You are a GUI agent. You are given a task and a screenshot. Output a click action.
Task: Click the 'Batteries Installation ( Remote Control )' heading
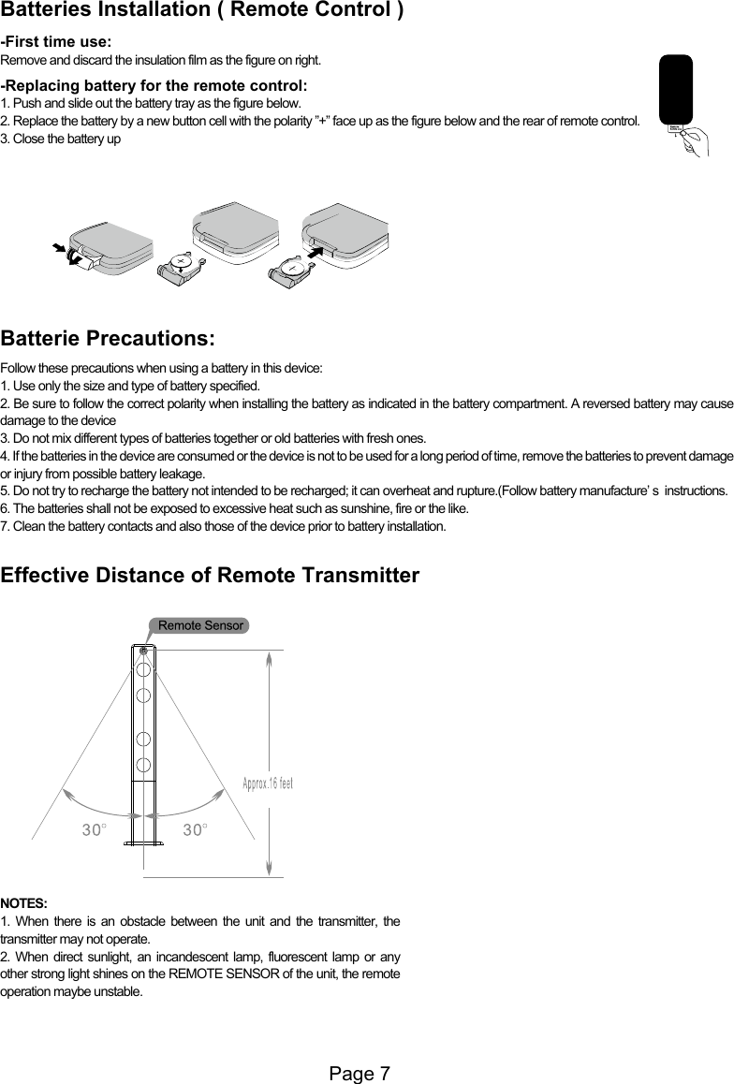pyautogui.click(x=203, y=12)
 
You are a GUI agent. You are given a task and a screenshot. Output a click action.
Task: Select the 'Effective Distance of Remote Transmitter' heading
pyautogui.click(x=211, y=575)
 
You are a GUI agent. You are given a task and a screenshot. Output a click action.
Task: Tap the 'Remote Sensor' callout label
pyautogui.click(x=200, y=625)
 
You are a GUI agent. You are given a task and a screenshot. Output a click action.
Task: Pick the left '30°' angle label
pyautogui.click(x=93, y=828)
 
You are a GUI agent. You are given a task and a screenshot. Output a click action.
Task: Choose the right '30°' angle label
pyautogui.click(x=195, y=828)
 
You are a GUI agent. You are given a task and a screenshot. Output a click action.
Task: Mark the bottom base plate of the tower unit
pyautogui.click(x=144, y=844)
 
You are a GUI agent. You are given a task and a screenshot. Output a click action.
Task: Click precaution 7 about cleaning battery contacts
pyautogui.click(x=224, y=528)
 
